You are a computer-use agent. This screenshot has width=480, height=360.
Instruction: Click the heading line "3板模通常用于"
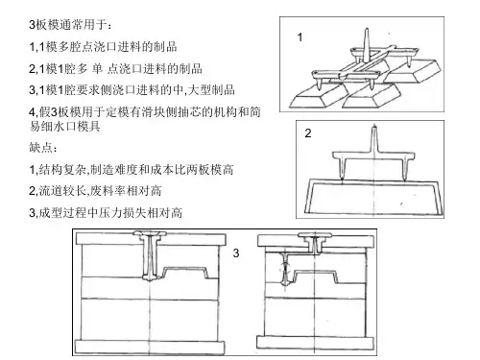tap(70, 25)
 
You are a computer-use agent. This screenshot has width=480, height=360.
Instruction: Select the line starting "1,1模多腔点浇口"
tap(103, 47)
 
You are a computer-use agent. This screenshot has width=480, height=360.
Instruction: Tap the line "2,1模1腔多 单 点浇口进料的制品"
tap(115, 68)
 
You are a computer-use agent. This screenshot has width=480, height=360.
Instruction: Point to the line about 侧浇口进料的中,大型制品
tap(132, 90)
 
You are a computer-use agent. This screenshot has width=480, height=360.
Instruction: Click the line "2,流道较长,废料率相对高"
tap(95, 191)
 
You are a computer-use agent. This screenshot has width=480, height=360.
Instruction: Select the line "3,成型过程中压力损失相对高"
tap(106, 212)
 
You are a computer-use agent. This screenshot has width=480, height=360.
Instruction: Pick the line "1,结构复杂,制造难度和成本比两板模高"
tap(132, 169)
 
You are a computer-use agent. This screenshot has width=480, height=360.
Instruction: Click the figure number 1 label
tap(300, 37)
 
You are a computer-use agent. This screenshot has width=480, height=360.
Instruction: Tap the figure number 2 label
tap(308, 133)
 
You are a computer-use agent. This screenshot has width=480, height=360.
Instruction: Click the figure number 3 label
tap(236, 253)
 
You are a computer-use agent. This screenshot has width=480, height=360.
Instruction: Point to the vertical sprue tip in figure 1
tap(367, 30)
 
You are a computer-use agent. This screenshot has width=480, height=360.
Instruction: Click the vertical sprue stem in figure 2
tap(374, 139)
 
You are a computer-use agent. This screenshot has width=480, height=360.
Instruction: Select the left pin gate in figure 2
tap(343, 168)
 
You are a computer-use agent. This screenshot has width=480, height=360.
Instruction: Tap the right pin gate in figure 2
tap(405, 168)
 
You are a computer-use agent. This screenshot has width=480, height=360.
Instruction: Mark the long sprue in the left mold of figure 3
tap(150, 256)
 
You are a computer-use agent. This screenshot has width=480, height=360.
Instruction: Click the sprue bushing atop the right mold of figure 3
tap(315, 242)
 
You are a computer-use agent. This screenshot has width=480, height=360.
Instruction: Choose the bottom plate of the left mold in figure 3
tap(150, 348)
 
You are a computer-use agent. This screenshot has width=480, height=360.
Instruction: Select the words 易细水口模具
tap(65, 127)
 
